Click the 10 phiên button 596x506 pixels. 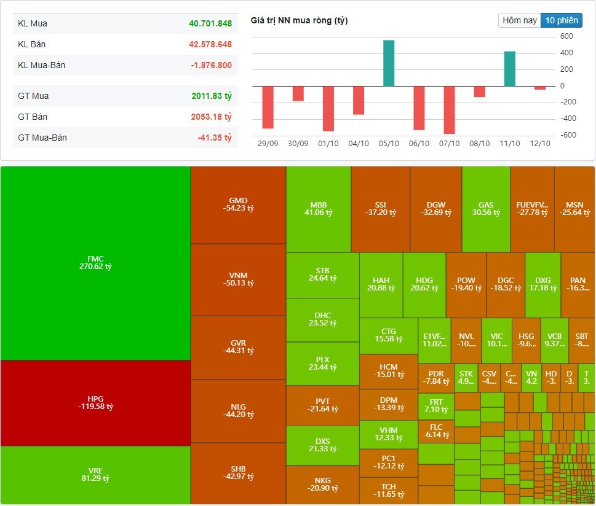pyautogui.click(x=561, y=20)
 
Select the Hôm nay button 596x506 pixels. pyautogui.click(x=520, y=20)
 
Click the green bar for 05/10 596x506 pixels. pyautogui.click(x=388, y=63)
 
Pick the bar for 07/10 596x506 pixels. pyautogui.click(x=449, y=109)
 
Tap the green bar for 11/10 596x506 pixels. pyautogui.click(x=509, y=69)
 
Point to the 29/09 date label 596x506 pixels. pyautogui.click(x=268, y=143)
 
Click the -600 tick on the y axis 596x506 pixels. pyautogui.click(x=566, y=135)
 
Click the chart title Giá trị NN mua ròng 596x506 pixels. pyautogui.click(x=299, y=21)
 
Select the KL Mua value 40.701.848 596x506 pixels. pyautogui.click(x=210, y=23)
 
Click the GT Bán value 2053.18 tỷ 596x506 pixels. pyautogui.click(x=210, y=117)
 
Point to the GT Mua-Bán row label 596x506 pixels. pyautogui.click(x=42, y=138)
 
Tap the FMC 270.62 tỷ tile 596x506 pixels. pyautogui.click(x=95, y=263)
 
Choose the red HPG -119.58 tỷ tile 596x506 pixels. pyautogui.click(x=95, y=403)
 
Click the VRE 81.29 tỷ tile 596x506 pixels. pyautogui.click(x=95, y=475)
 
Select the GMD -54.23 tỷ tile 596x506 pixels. pyautogui.click(x=238, y=204)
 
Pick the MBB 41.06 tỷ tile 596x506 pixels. pyautogui.click(x=318, y=209)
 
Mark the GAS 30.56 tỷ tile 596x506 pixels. pyautogui.click(x=486, y=209)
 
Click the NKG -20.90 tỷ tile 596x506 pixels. pyautogui.click(x=322, y=484)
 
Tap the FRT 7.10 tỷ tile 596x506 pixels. pyautogui.click(x=436, y=406)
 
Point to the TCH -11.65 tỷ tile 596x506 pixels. pyautogui.click(x=388, y=490)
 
